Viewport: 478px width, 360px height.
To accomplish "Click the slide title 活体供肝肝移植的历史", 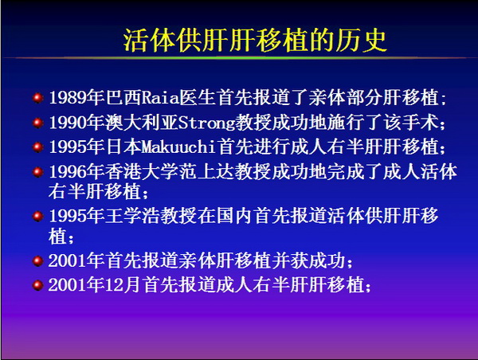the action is [x=255, y=41].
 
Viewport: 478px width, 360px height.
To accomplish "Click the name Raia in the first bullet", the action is [x=160, y=98].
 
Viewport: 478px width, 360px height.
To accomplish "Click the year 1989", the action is [x=68, y=98].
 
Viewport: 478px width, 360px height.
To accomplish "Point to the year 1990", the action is [x=68, y=123].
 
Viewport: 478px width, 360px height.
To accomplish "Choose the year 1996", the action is [x=68, y=171].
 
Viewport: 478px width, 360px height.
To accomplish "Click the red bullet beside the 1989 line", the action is [x=37, y=98].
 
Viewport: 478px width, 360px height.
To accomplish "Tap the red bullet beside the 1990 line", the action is [x=37, y=123].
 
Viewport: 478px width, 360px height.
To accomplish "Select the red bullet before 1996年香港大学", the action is [x=37, y=171].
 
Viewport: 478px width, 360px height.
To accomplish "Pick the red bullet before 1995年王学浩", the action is [x=37, y=216].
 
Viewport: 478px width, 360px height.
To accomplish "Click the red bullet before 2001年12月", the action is [x=37, y=285].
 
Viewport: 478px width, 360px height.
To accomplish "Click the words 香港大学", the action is [x=142, y=171].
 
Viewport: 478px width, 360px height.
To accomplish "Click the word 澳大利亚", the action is [x=142, y=123].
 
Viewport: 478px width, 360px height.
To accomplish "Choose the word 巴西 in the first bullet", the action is [x=123, y=98].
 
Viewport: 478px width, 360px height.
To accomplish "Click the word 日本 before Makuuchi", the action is [x=123, y=147].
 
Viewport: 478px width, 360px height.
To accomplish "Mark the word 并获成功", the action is [x=308, y=260].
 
